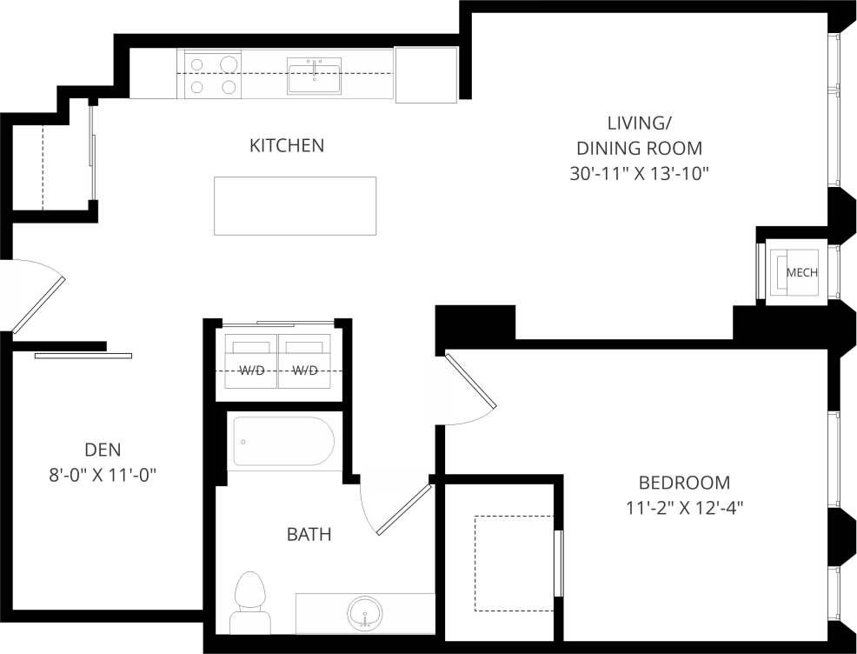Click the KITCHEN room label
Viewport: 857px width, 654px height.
click(x=287, y=145)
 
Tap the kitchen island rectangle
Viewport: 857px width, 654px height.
click(x=296, y=205)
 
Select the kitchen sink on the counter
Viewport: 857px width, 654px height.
click(x=314, y=76)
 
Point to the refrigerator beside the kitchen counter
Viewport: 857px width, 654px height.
click(x=426, y=75)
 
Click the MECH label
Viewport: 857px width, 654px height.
click(x=801, y=272)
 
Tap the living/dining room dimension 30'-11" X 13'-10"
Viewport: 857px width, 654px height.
click(x=640, y=173)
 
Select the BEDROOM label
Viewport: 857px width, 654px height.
click(x=684, y=482)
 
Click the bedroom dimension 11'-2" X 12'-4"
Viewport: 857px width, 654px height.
click(x=684, y=506)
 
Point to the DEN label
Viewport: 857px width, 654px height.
click(x=103, y=450)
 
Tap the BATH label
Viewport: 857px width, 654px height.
click(x=309, y=534)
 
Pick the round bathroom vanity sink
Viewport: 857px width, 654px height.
click(x=365, y=613)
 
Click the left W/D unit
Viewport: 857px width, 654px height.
click(x=250, y=362)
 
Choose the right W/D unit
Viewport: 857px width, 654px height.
click(x=304, y=362)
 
